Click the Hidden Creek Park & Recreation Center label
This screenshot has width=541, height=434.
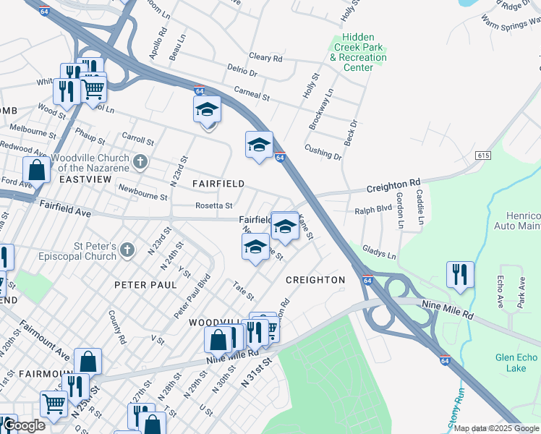tap(358, 52)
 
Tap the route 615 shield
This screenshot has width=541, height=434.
tap(484, 156)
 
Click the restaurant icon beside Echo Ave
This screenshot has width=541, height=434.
tap(460, 275)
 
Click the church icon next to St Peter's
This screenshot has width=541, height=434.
tap(127, 250)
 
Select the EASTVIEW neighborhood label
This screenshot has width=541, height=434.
tap(84, 179)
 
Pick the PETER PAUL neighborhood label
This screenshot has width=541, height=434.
tap(145, 285)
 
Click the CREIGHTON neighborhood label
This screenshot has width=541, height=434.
tap(315, 279)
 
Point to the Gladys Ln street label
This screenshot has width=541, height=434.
tap(380, 252)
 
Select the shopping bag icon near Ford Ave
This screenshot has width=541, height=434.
tap(36, 171)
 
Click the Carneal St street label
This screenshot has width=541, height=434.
tap(251, 94)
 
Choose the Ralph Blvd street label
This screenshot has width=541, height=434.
tap(372, 211)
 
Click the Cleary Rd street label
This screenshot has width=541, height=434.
tap(265, 57)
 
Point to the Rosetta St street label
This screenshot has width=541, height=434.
tap(214, 206)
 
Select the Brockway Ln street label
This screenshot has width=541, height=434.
tap(321, 109)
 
